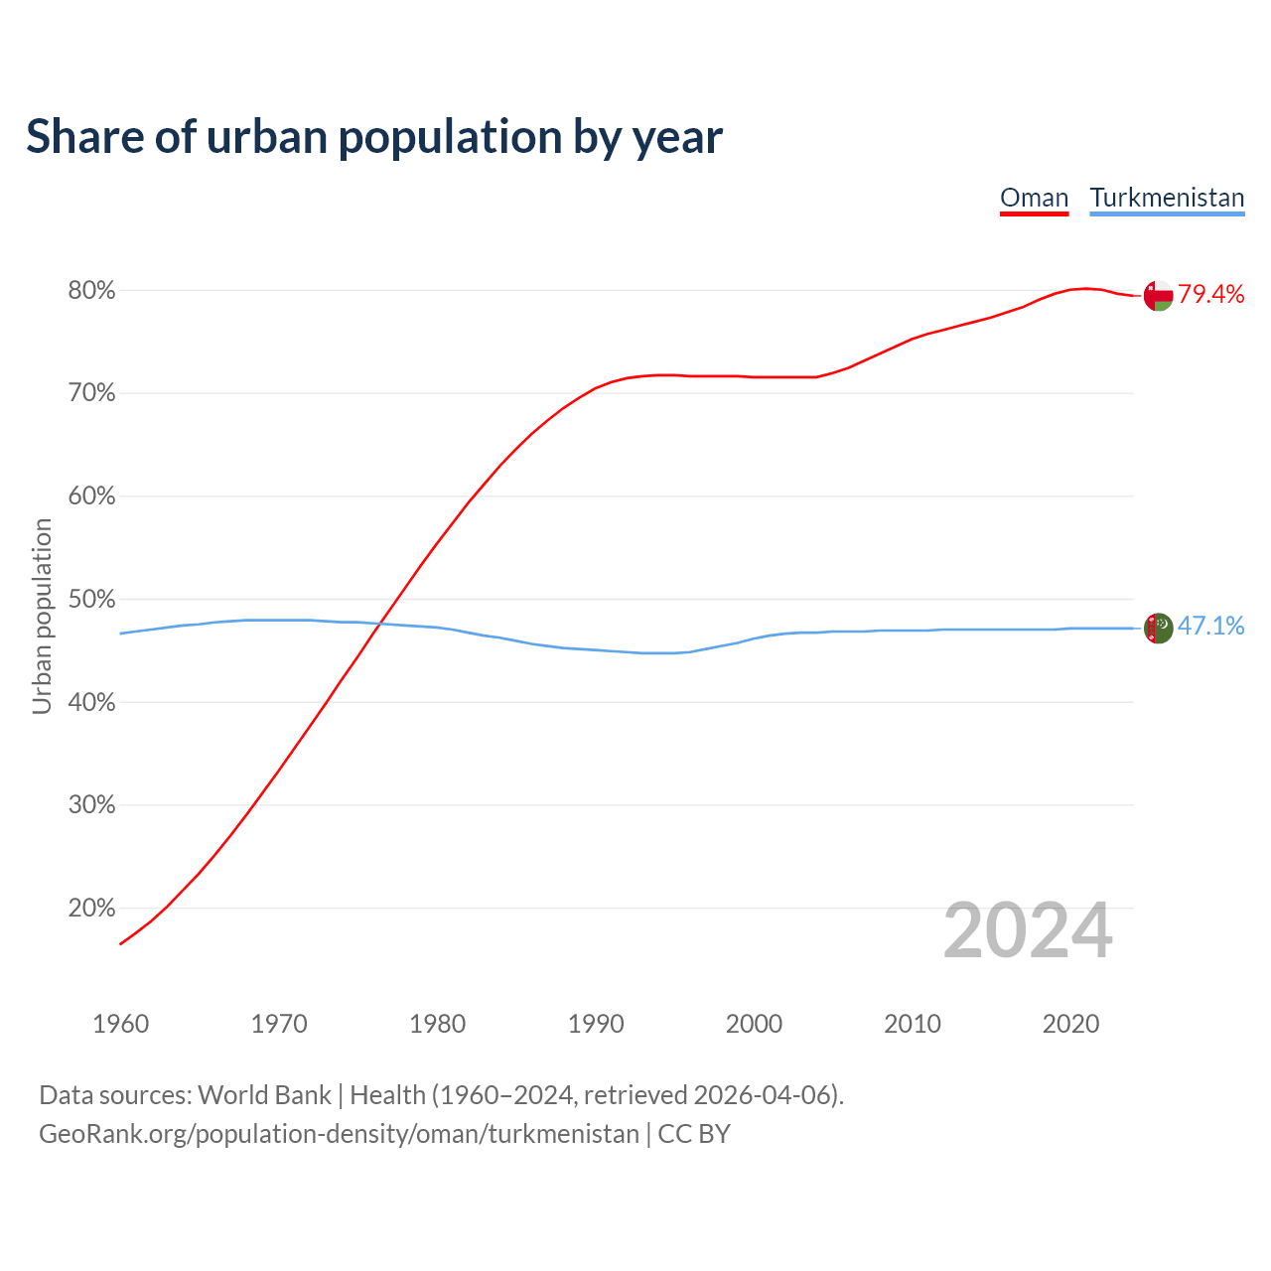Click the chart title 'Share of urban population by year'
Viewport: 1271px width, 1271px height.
point(374,137)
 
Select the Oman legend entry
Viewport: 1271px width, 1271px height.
point(1034,198)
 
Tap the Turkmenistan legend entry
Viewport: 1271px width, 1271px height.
point(1167,198)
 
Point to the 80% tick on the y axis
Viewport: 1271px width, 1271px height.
point(91,291)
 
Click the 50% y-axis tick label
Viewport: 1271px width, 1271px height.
point(91,600)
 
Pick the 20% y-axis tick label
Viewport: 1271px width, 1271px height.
point(91,909)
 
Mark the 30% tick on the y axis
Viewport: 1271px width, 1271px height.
point(91,805)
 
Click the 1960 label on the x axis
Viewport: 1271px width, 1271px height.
point(120,1024)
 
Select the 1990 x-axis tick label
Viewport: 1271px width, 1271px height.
point(596,1024)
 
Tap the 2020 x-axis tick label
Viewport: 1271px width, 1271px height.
point(1070,1024)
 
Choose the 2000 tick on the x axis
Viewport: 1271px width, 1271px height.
point(754,1024)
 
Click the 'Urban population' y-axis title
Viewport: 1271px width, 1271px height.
point(42,616)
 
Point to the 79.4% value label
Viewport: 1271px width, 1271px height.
point(1210,294)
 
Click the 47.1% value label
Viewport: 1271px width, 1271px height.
point(1210,626)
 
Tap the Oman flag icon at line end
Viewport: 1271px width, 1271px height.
point(1158,295)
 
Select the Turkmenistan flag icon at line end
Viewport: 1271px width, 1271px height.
point(1158,628)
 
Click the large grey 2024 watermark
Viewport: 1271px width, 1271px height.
point(1028,930)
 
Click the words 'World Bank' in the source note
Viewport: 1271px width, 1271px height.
point(264,1095)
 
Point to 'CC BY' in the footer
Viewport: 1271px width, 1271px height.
point(694,1134)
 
